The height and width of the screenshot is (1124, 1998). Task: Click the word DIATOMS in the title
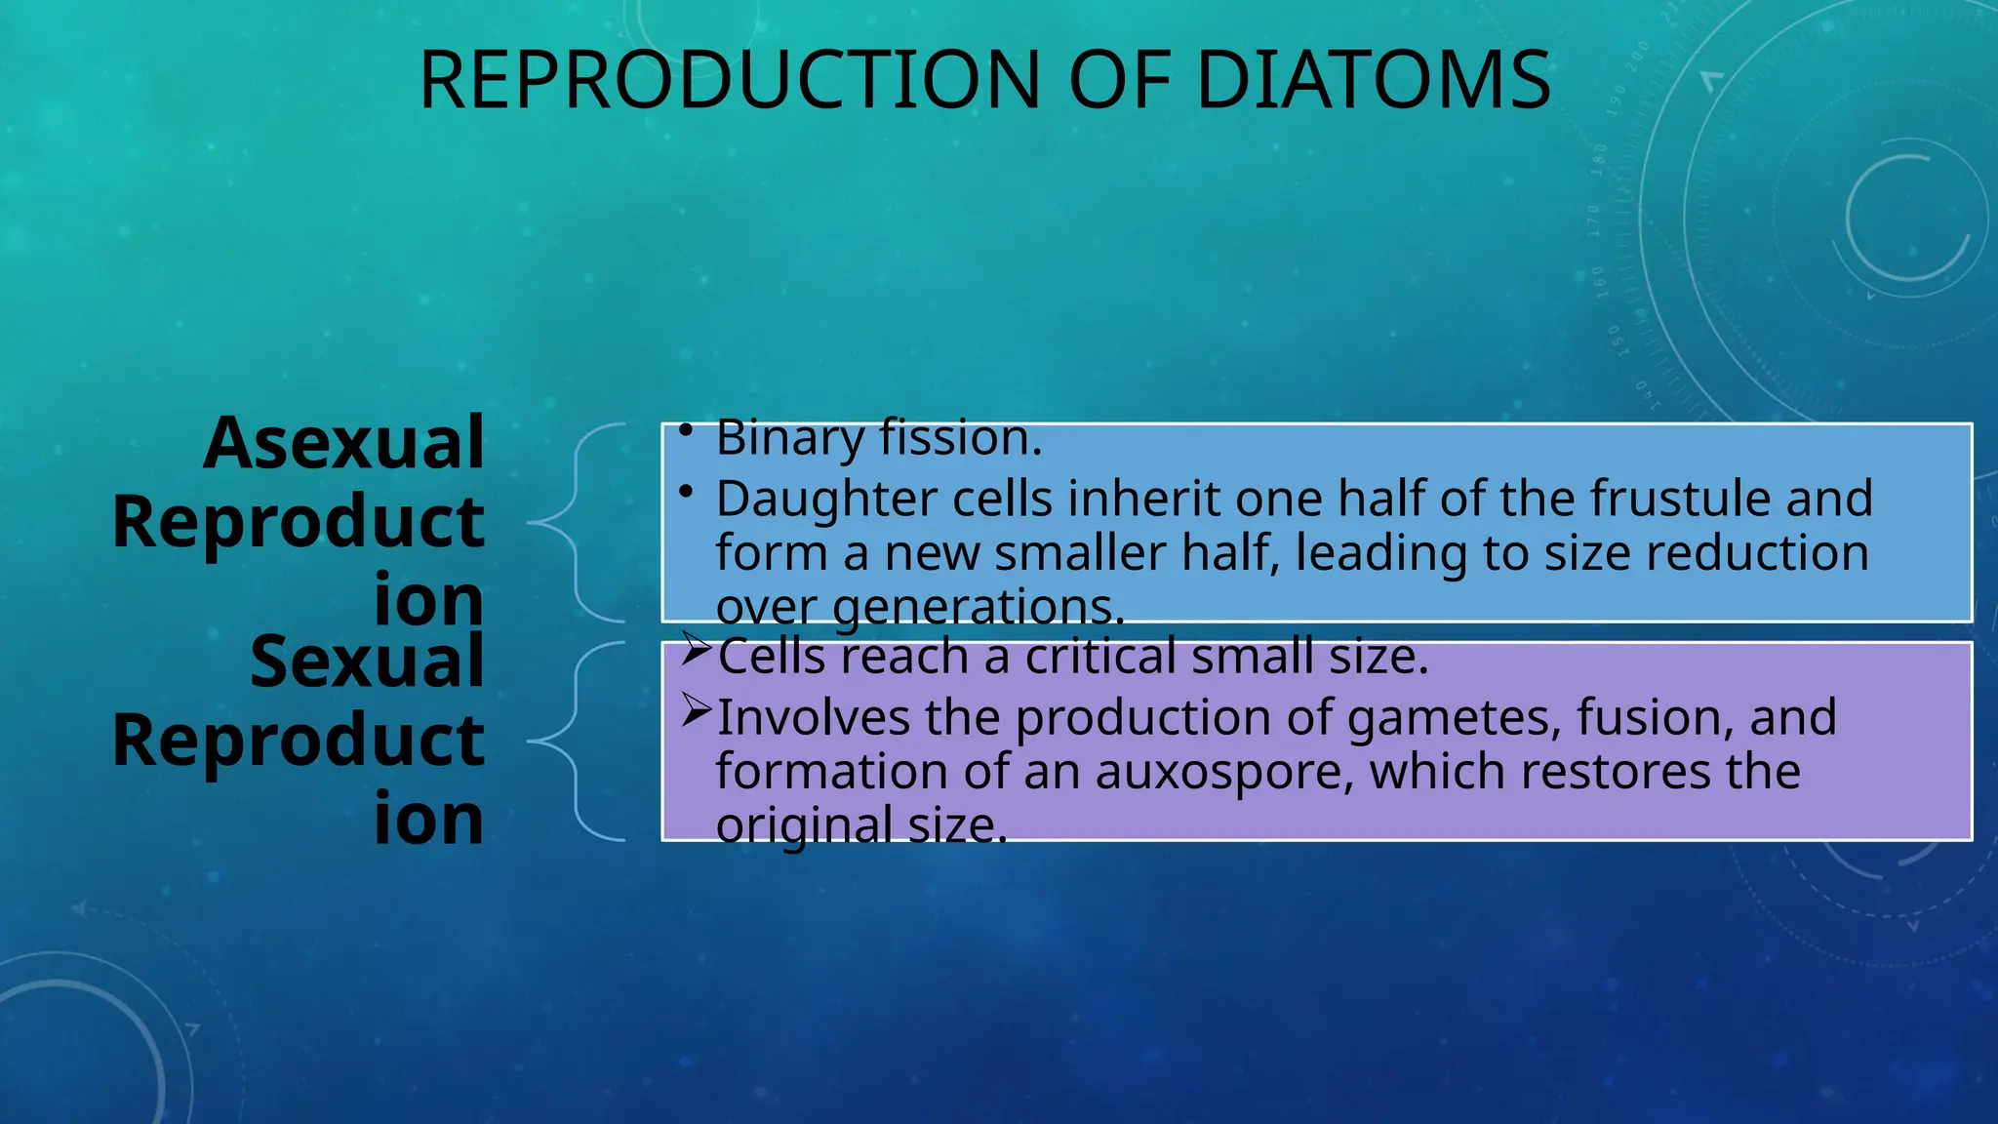tap(1373, 80)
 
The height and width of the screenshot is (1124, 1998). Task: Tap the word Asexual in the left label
tap(343, 443)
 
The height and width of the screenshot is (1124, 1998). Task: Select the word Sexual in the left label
tap(367, 662)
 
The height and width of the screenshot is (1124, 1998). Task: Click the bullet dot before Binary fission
tap(687, 429)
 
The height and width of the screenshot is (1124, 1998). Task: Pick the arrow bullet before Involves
tap(696, 709)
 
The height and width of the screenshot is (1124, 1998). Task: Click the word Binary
tap(789, 438)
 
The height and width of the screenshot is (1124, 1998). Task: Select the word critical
tap(1099, 657)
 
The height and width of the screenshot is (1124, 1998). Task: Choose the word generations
tap(979, 607)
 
